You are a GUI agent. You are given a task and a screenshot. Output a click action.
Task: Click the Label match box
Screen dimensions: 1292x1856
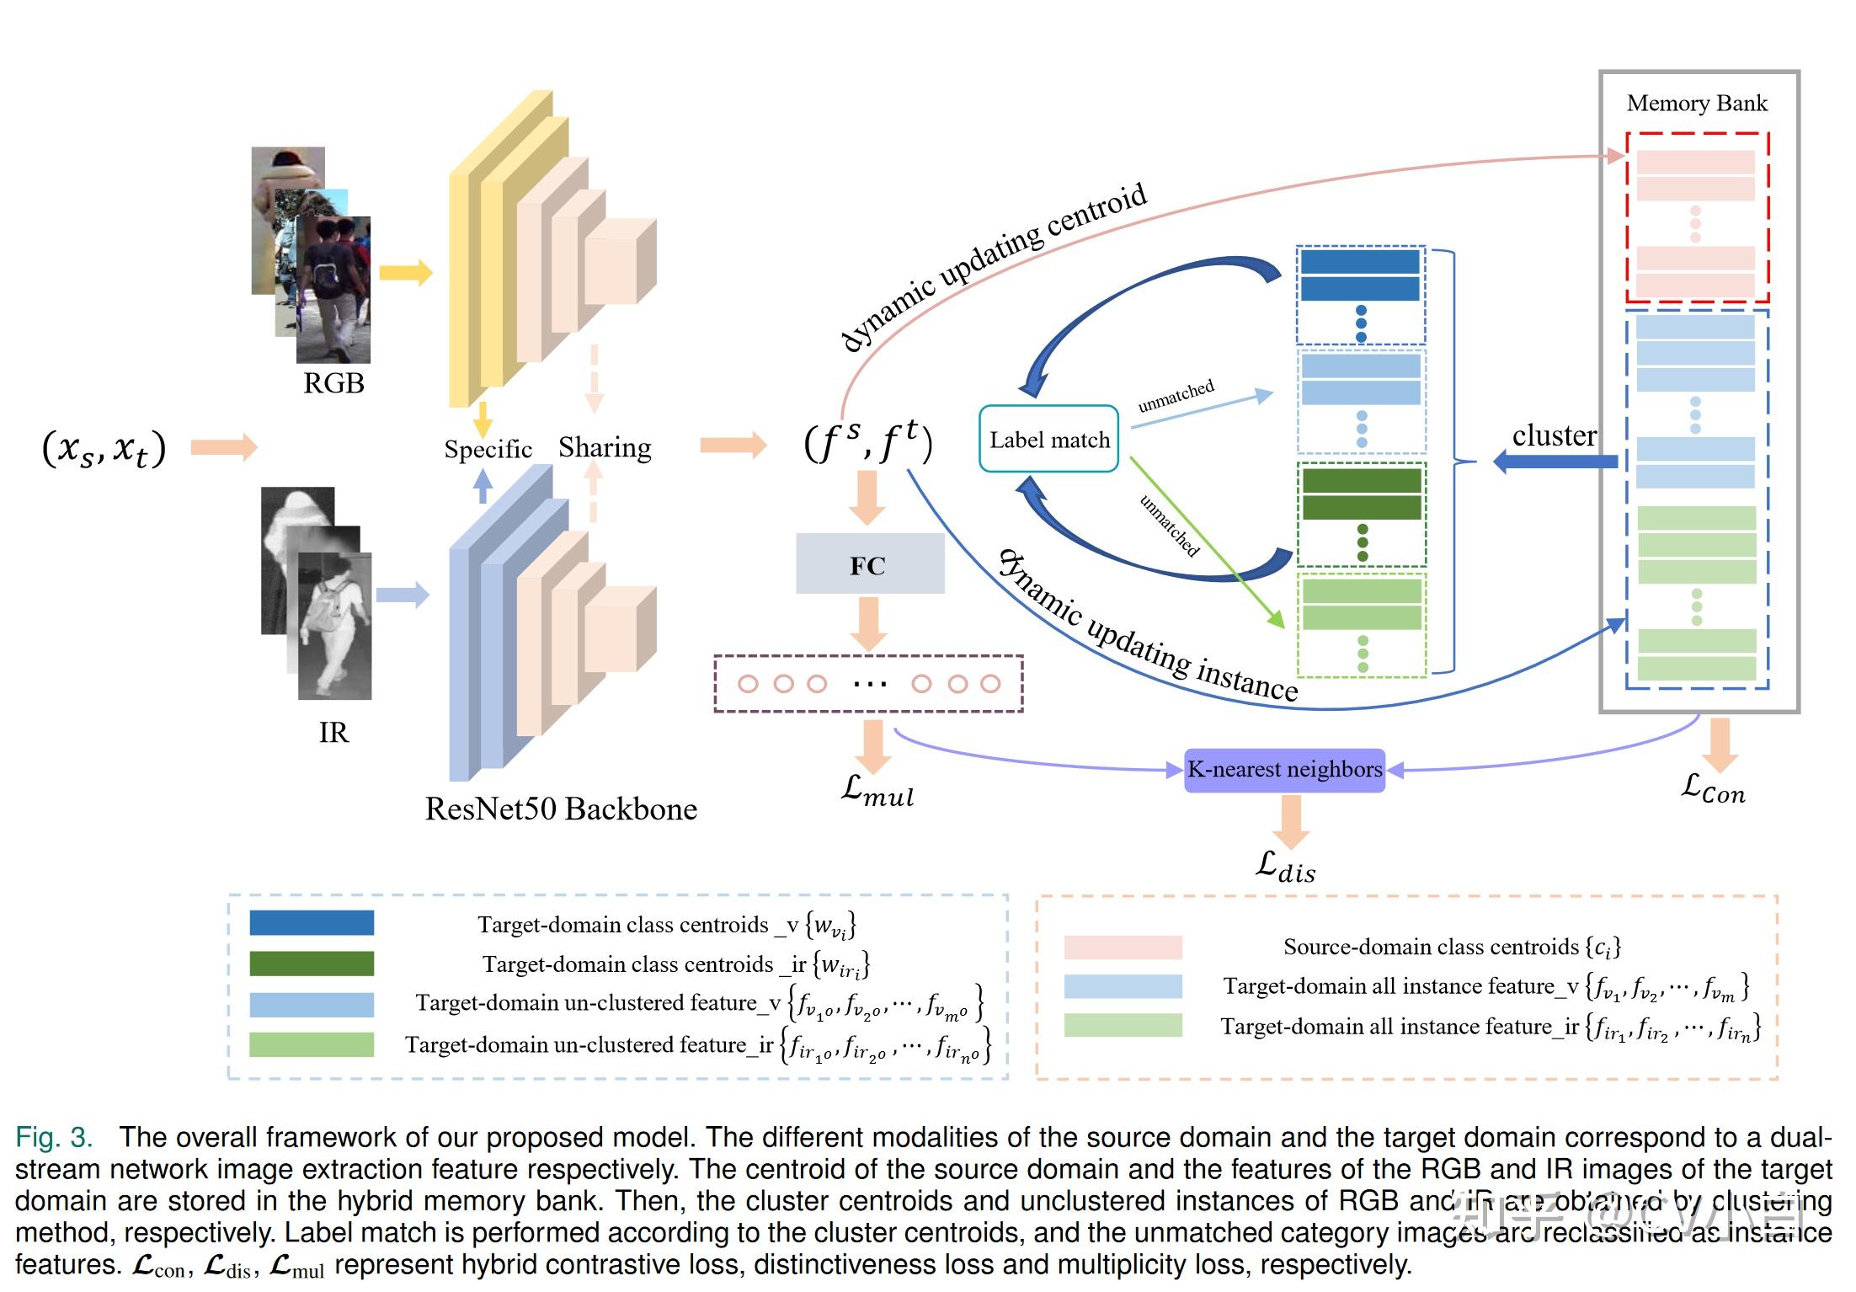(1048, 439)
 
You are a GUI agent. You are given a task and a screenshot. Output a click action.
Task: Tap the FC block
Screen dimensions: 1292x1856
(869, 564)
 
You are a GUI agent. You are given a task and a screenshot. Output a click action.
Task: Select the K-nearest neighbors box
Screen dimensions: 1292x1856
(1284, 770)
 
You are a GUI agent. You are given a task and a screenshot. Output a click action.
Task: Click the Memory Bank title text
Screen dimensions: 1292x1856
(1696, 103)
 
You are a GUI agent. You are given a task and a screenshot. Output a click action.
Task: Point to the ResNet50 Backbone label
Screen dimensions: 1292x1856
(561, 809)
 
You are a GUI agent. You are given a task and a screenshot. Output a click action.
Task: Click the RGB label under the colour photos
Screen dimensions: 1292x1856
(333, 383)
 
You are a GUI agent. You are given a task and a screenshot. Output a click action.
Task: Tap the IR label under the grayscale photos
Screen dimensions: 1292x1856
(333, 733)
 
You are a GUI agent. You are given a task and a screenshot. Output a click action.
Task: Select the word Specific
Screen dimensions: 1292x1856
(488, 449)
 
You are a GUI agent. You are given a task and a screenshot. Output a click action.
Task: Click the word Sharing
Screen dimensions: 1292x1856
(605, 447)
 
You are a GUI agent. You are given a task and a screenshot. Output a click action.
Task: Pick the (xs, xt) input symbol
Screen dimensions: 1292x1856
(104, 448)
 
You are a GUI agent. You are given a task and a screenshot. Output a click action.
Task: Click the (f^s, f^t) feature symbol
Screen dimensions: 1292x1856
(867, 442)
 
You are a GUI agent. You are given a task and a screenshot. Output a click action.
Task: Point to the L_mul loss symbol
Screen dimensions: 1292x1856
(877, 792)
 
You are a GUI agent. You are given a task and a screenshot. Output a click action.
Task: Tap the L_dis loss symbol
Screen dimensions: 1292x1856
(1285, 868)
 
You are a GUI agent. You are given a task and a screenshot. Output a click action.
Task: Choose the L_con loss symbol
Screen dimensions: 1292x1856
(1713, 790)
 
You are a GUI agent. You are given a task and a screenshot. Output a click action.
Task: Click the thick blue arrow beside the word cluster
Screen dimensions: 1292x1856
(1555, 462)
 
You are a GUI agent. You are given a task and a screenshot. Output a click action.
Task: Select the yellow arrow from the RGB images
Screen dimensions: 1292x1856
(405, 272)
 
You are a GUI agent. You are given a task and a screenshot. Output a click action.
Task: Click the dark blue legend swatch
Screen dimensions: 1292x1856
(312, 923)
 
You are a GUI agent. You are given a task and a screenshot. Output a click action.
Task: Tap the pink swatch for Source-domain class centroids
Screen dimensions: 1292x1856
(1123, 948)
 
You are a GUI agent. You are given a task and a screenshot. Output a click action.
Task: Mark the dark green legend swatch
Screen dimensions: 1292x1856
(312, 964)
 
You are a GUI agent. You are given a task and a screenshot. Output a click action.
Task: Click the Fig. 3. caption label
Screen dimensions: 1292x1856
(54, 1138)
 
